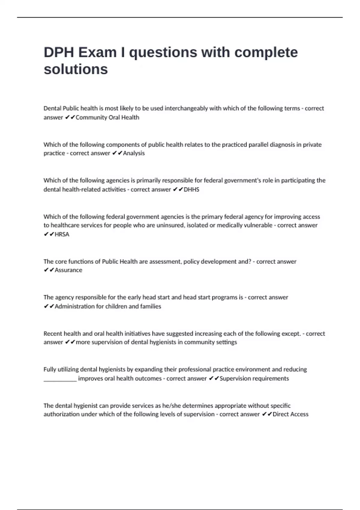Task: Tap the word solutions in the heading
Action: [76, 69]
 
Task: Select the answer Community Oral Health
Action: [107, 117]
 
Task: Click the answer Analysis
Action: [134, 153]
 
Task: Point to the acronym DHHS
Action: [191, 190]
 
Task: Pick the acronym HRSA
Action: [62, 234]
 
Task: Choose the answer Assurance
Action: [68, 270]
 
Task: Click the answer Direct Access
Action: [290, 414]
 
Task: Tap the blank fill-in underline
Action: [60, 379]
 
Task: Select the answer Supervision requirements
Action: [254, 379]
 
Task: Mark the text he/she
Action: [172, 406]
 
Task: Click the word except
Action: [291, 334]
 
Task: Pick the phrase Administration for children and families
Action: [108, 306]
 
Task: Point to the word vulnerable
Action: [258, 225]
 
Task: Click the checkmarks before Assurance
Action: [49, 270]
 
